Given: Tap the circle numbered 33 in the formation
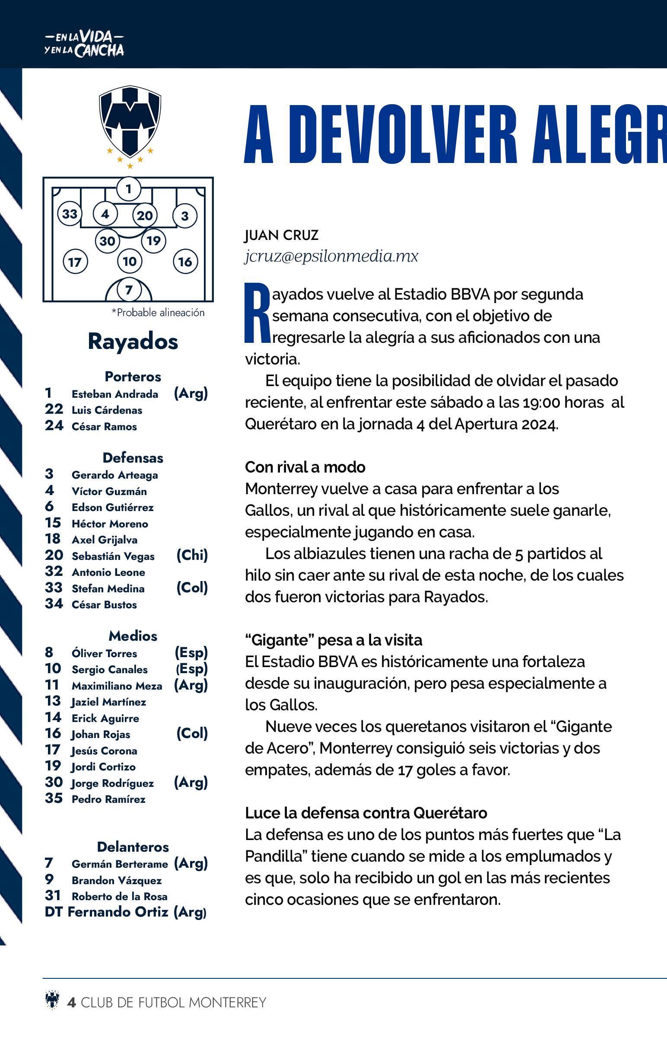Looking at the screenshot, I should coord(70,214).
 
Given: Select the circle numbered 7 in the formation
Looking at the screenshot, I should coord(128,290).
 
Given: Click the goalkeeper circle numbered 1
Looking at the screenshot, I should coord(128,189).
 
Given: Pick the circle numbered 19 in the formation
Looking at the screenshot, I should coord(153,240).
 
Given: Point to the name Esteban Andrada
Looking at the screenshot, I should coord(115,394).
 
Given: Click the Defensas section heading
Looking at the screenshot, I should coord(133,457).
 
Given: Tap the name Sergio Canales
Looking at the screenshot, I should coord(109,670).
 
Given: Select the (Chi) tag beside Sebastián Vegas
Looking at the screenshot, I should coord(192,555).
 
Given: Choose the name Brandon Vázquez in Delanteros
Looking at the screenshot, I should coord(117,880).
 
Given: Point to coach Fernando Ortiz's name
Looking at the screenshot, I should coord(118,912).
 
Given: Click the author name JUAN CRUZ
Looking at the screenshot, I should coord(281,235).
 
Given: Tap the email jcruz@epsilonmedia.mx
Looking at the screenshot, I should coord(331,256).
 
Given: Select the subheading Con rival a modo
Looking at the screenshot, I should coord(305,467).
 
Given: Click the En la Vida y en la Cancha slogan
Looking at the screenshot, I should coord(84,45).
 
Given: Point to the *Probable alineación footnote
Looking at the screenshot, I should coord(158,313).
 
